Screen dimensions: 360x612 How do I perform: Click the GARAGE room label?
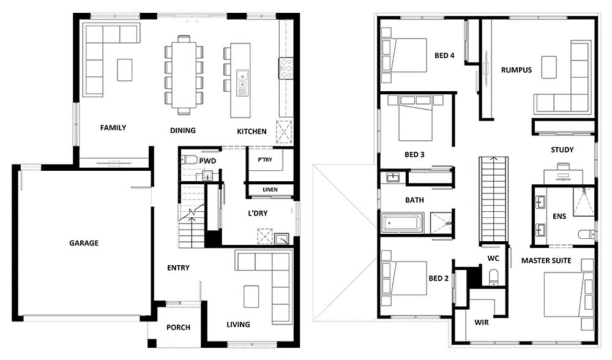pos(83,243)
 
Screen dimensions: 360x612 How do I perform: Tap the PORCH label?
pos(178,328)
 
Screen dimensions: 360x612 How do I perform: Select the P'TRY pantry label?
pos(264,160)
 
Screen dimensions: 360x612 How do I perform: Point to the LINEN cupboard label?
pos(270,190)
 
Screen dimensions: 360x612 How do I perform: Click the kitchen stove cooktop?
pos(285,67)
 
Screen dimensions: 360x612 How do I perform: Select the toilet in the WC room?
pos(493,278)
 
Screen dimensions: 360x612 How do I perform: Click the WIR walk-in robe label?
pos(481,321)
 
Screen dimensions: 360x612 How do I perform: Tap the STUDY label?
pos(562,150)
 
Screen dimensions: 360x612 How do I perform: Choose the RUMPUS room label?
pos(516,70)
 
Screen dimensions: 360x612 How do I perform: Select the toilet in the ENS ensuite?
pos(584,234)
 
